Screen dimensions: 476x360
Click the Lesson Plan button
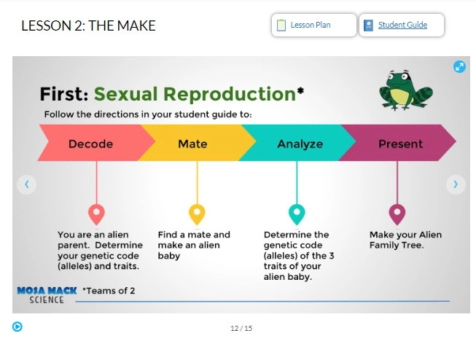(314, 25)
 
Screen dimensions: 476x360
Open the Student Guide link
(402, 25)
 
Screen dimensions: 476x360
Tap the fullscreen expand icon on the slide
(459, 67)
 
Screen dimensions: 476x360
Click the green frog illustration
(405, 90)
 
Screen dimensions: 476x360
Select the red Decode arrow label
(90, 144)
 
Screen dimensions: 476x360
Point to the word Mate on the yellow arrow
(192, 144)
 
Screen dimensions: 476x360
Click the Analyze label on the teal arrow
(300, 144)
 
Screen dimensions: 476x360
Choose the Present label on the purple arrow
(400, 144)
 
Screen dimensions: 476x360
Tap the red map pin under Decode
(96, 214)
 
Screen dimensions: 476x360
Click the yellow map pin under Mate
(197, 214)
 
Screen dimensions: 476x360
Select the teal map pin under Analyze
(297, 214)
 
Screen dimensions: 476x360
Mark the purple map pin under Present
(397, 214)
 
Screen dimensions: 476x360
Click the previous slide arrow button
(27, 184)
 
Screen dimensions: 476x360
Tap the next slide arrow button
(456, 184)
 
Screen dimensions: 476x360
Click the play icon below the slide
(17, 326)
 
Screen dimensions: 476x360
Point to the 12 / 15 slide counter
(241, 328)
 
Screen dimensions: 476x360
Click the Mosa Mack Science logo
(47, 295)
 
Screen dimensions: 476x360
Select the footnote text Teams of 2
(109, 291)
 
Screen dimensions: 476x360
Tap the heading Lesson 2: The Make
(88, 26)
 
